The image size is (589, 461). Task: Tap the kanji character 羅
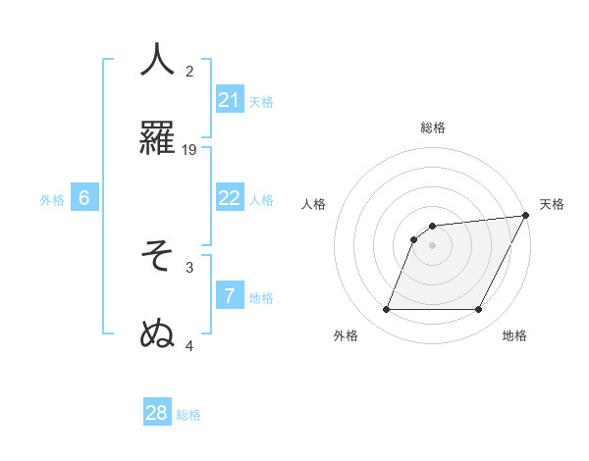click(x=157, y=138)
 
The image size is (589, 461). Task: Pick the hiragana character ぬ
click(x=157, y=334)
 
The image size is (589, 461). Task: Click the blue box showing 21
click(x=230, y=100)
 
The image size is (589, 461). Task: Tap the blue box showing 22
click(x=230, y=198)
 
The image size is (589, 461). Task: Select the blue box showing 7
click(x=230, y=296)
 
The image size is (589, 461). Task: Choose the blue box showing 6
click(x=84, y=198)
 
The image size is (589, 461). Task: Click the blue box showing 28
click(x=157, y=413)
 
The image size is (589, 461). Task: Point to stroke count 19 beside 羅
click(x=189, y=149)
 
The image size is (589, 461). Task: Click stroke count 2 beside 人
click(x=189, y=71)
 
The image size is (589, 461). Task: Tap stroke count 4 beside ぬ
click(x=189, y=345)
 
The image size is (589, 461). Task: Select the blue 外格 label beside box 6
click(x=52, y=200)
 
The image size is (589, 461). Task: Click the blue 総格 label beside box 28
click(x=188, y=415)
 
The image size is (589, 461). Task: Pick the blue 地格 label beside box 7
click(x=261, y=298)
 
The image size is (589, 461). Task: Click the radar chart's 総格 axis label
click(x=433, y=128)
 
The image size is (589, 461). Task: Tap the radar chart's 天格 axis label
click(x=552, y=204)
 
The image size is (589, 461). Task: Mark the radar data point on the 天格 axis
click(x=526, y=216)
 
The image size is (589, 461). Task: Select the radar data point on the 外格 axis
click(x=386, y=310)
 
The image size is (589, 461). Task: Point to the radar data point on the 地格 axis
click(x=479, y=310)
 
